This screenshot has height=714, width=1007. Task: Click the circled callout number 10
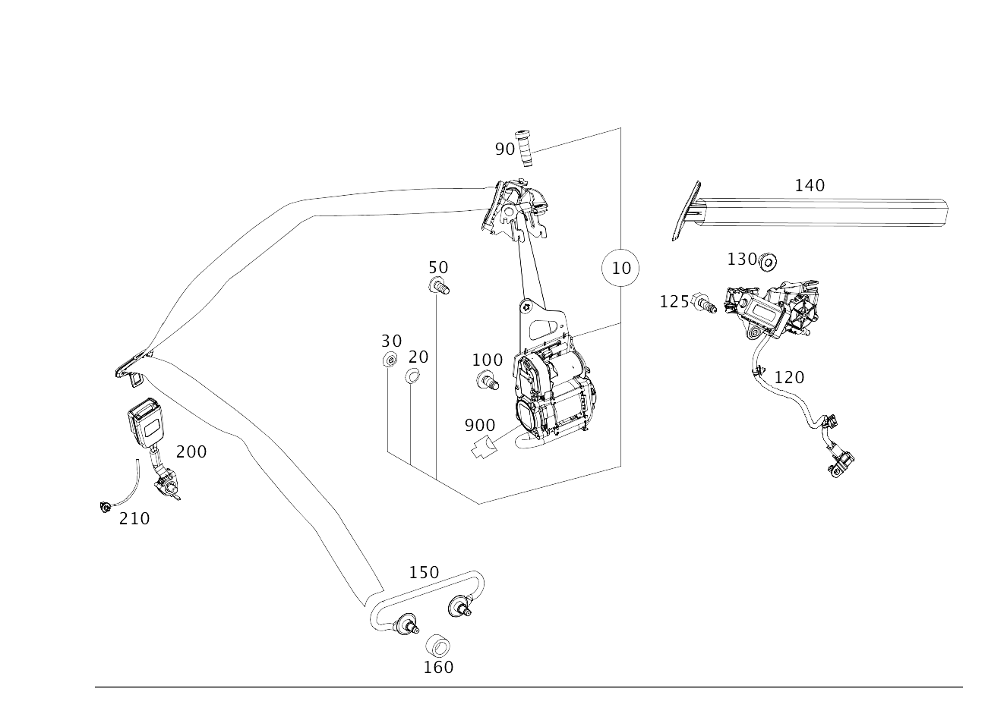[x=620, y=268]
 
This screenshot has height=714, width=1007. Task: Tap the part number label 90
[x=504, y=149]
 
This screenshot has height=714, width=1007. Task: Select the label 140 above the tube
[x=810, y=185]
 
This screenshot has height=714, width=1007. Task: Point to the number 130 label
[x=742, y=259]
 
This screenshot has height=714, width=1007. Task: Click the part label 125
[x=674, y=302]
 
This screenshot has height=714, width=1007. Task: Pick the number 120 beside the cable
[x=789, y=377]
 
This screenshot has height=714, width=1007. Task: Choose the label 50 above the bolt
[x=438, y=268]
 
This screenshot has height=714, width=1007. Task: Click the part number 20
[x=418, y=357]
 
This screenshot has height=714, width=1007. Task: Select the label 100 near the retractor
[x=487, y=360]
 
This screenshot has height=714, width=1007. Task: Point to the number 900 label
[x=480, y=426]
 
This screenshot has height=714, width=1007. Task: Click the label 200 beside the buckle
[x=191, y=452]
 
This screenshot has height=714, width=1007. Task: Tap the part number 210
[x=134, y=519]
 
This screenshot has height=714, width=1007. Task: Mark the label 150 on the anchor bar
[x=425, y=572]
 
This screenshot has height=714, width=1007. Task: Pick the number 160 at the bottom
[x=438, y=668]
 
